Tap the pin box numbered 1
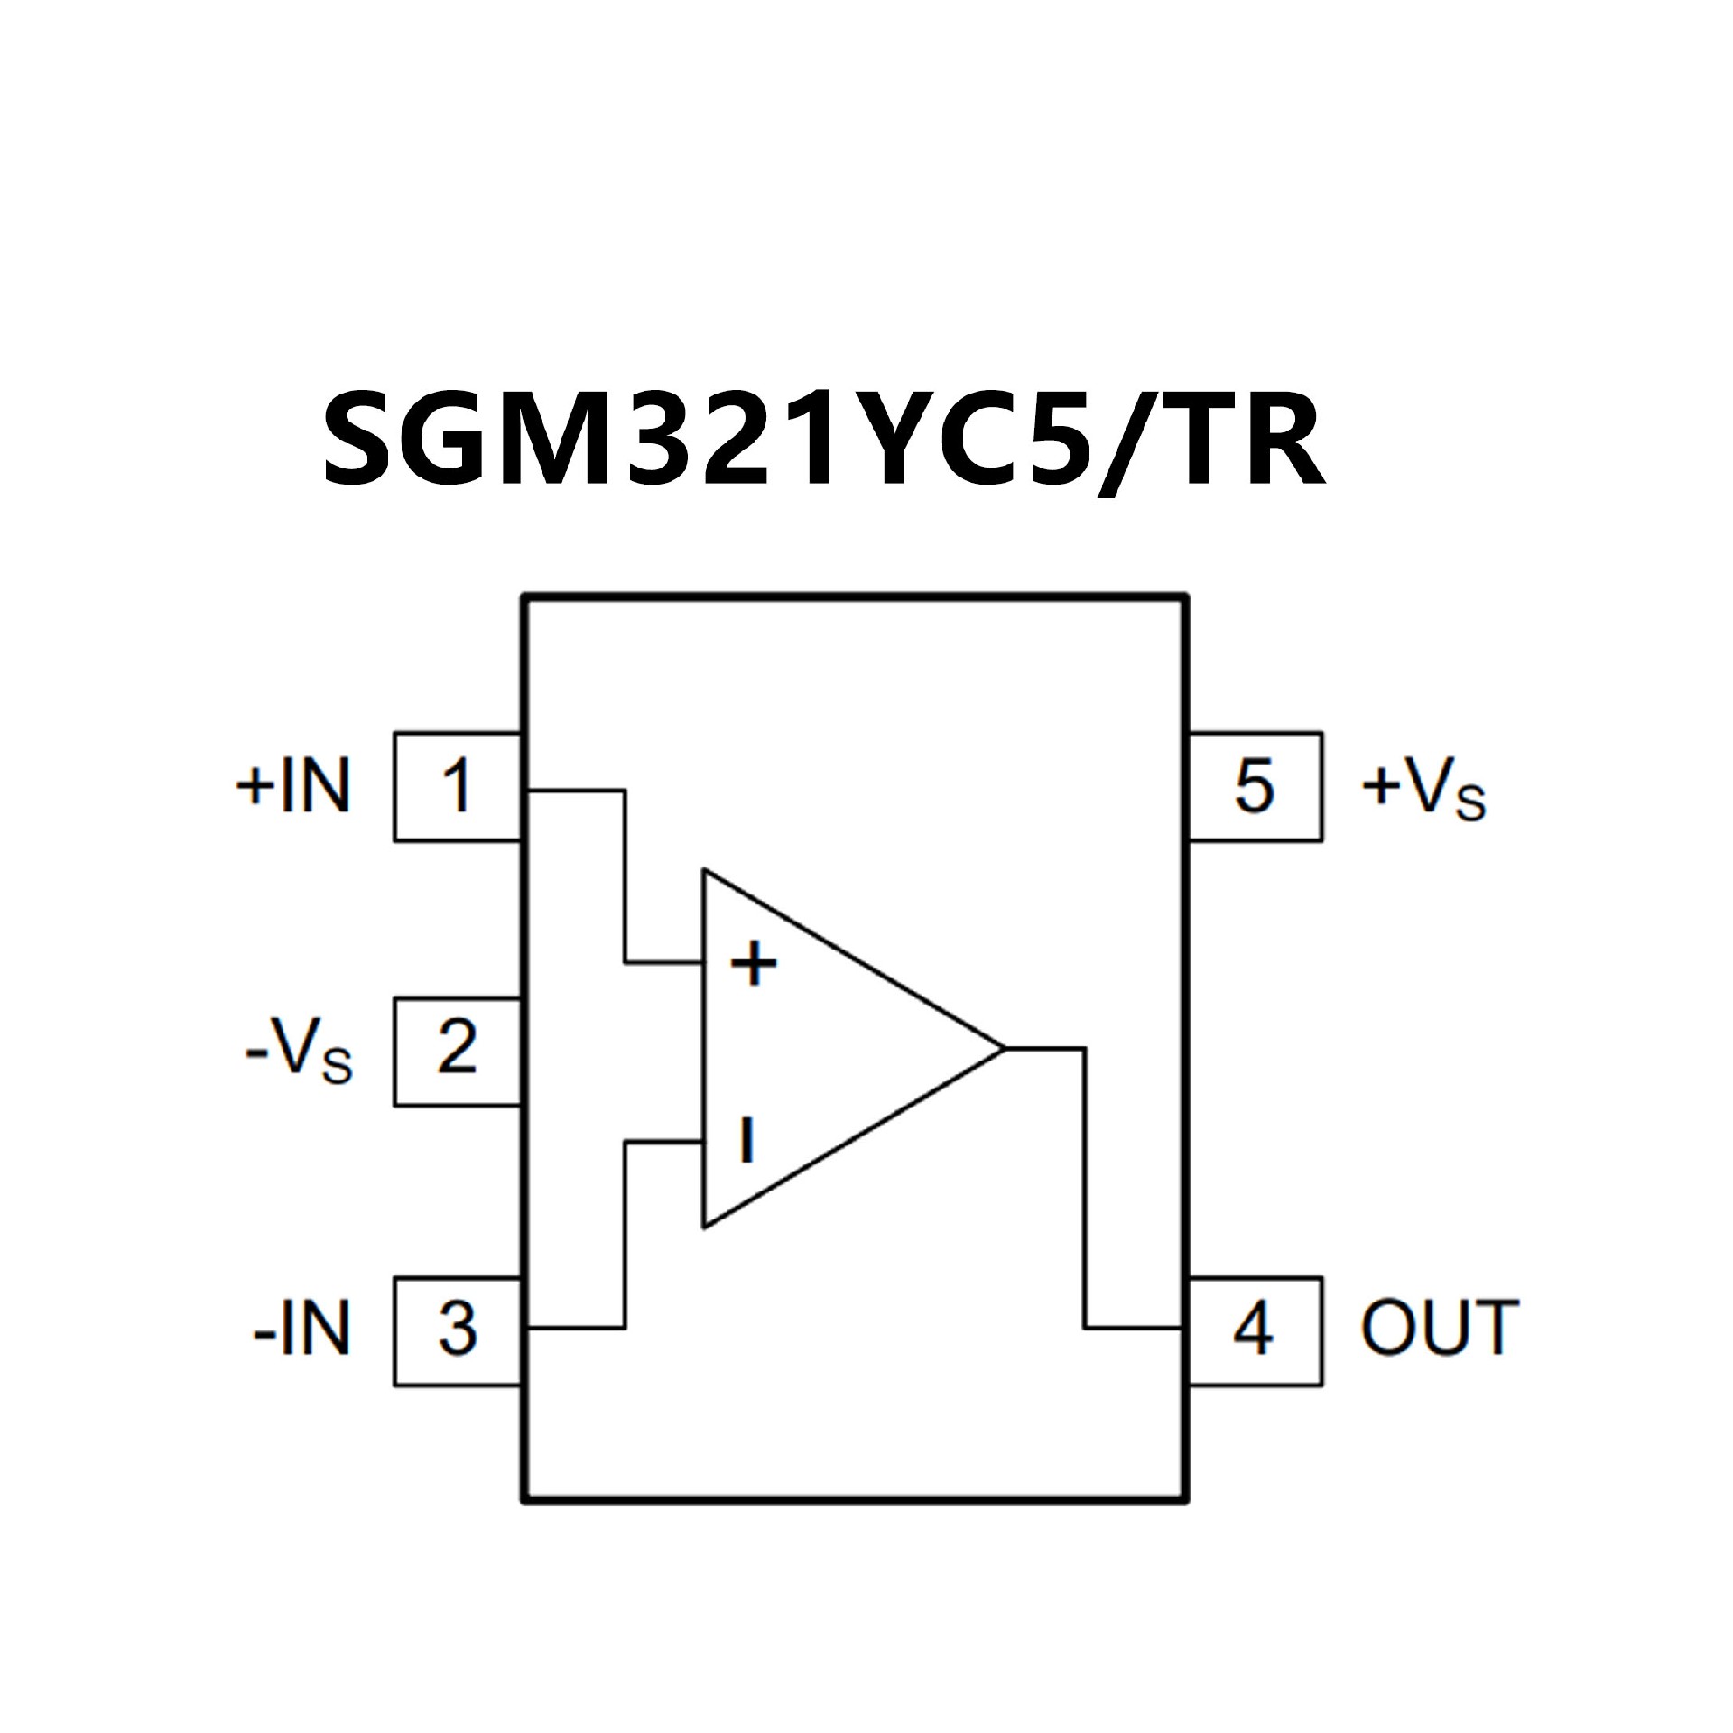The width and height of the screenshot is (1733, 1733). pyautogui.click(x=457, y=786)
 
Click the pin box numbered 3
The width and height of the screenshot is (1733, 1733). pyautogui.click(x=457, y=1330)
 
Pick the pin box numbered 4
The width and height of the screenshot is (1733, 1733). pyautogui.click(x=1255, y=1330)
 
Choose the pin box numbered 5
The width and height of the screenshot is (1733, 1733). pyautogui.click(x=1255, y=786)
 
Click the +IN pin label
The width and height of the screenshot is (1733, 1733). pyautogui.click(x=293, y=786)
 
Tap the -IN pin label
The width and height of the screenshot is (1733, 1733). pyautogui.click(x=301, y=1330)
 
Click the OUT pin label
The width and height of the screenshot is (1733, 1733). pyautogui.click(x=1440, y=1330)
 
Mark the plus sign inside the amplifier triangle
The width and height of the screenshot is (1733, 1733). pyautogui.click(x=754, y=963)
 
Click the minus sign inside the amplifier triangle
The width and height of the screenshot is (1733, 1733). pyautogui.click(x=746, y=1139)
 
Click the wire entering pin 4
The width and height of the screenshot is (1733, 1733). pyautogui.click(x=1134, y=1328)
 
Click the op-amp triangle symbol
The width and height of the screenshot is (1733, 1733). pyautogui.click(x=830, y=1049)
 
